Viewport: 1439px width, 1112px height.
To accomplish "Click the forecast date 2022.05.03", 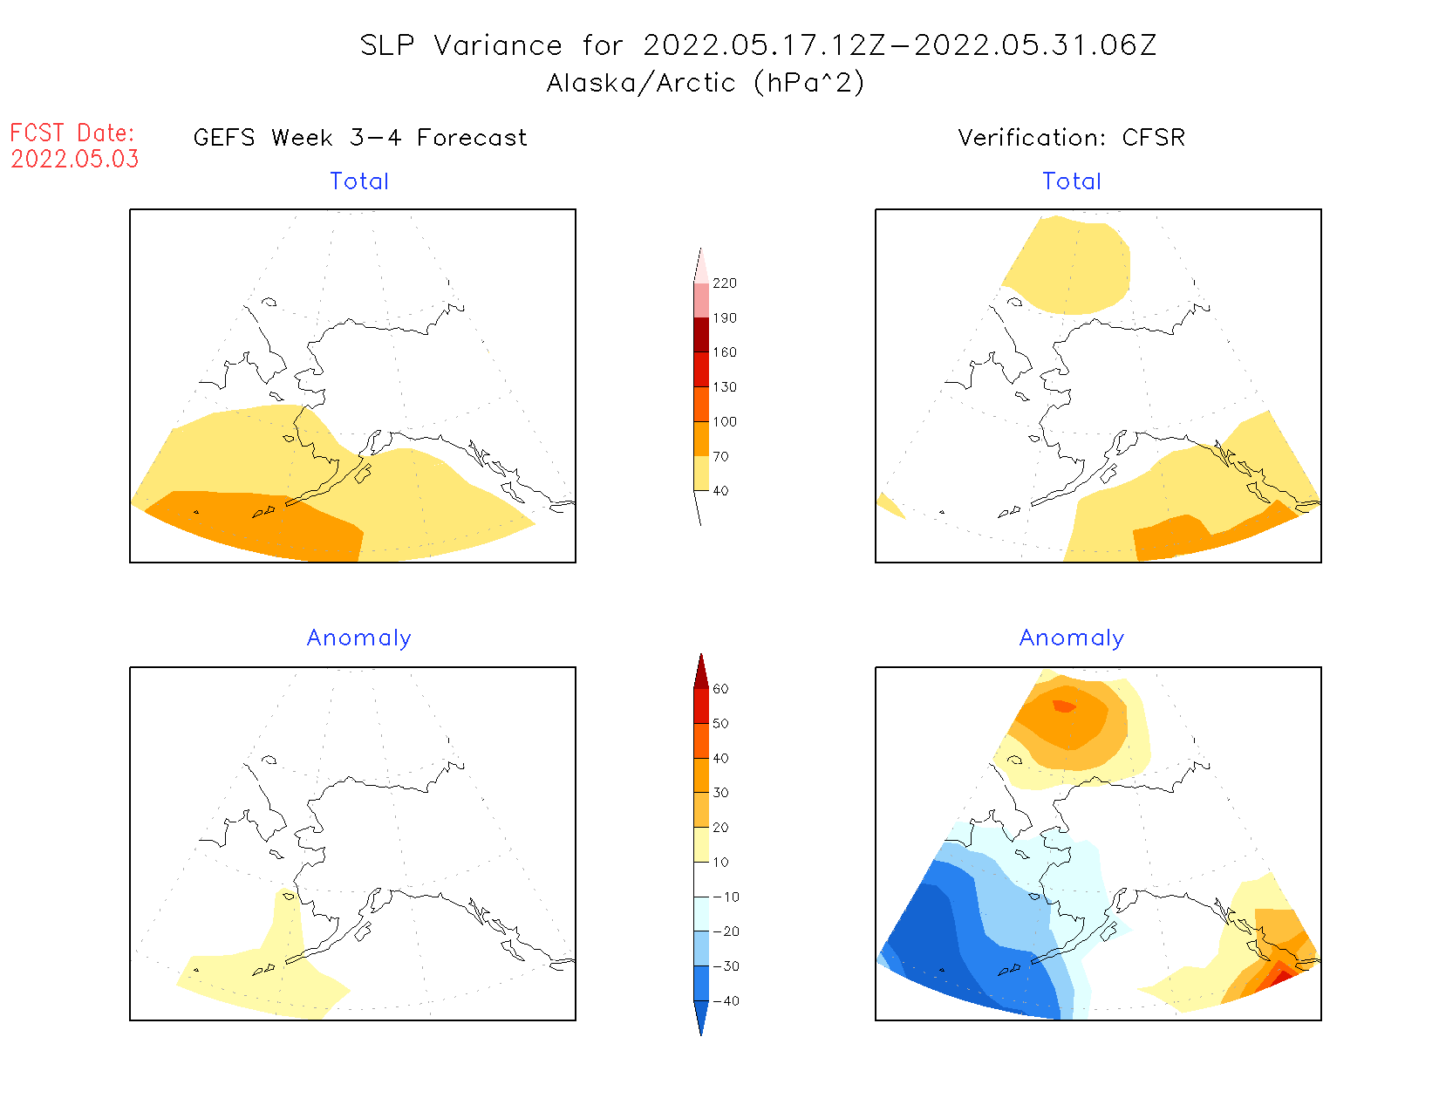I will (75, 160).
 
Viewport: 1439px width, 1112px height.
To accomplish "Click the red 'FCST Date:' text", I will (72, 133).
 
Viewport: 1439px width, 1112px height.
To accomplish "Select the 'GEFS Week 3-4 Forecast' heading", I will (360, 138).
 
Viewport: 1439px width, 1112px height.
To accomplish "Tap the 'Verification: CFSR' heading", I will (1071, 138).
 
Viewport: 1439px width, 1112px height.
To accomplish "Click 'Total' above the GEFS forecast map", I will (359, 181).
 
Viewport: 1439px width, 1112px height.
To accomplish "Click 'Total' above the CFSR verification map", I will (1072, 181).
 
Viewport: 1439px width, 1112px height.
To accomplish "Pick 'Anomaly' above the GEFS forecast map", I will (359, 638).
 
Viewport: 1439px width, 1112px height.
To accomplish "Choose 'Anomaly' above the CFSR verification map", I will (1072, 638).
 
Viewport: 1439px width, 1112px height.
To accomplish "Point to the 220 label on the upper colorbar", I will (724, 283).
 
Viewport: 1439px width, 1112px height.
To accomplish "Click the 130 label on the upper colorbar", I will (724, 387).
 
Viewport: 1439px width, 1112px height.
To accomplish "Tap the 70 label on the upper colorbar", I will (720, 456).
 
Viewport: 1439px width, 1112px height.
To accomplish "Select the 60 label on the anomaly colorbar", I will (720, 689).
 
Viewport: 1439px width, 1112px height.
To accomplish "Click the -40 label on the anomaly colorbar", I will (726, 1001).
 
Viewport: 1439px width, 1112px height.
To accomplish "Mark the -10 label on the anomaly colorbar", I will (726, 897).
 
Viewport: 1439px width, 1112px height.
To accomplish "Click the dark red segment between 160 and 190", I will (701, 335).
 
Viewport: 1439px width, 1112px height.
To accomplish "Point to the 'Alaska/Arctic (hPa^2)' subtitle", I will (706, 83).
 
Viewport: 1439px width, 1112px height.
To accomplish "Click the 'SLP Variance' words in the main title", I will (461, 45).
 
